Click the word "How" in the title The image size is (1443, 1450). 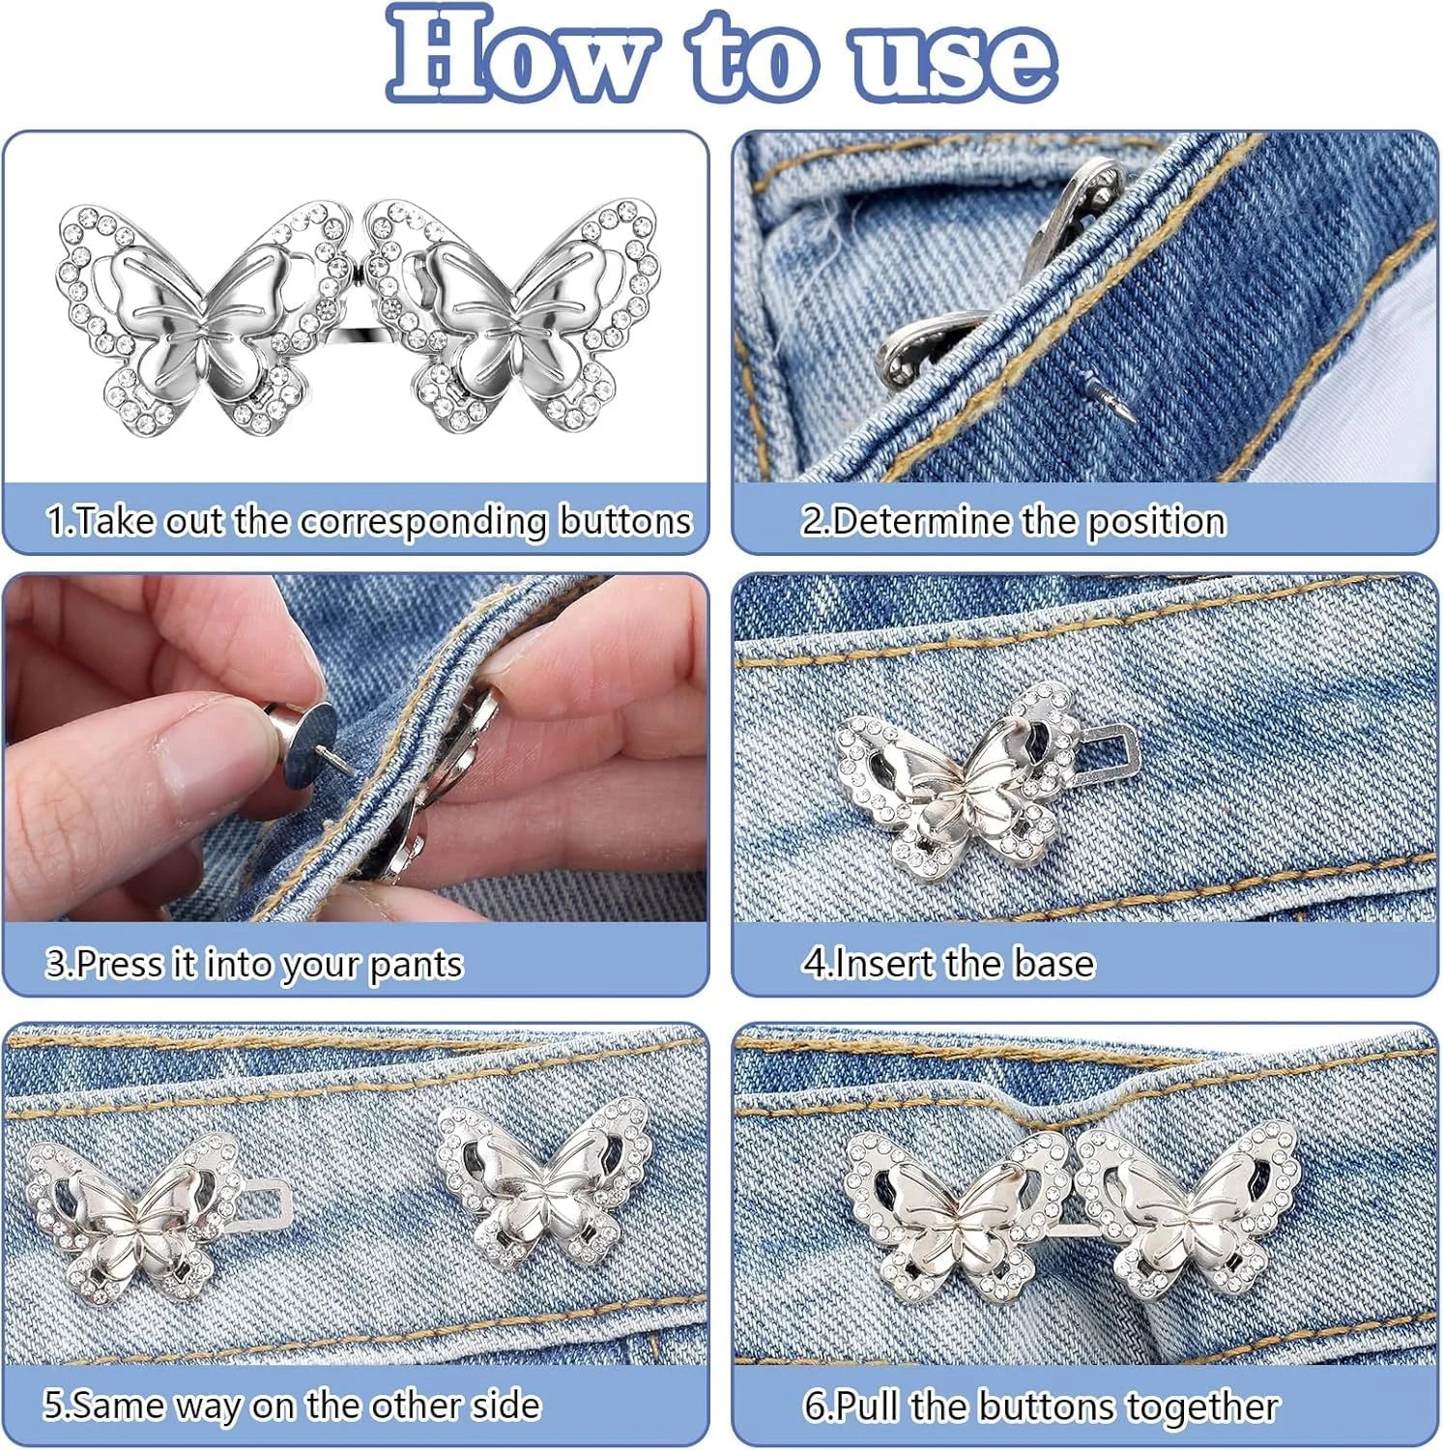click(x=522, y=55)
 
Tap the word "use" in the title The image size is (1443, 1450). click(x=953, y=60)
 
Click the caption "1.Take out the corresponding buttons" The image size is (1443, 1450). click(x=369, y=521)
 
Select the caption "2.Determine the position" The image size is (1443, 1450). click(x=1013, y=521)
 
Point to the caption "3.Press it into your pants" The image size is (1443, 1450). click(x=254, y=964)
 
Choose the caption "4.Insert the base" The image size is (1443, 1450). click(x=948, y=963)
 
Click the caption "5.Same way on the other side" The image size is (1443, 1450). click(x=292, y=1405)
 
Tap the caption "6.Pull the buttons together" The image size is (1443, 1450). click(x=1041, y=1406)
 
